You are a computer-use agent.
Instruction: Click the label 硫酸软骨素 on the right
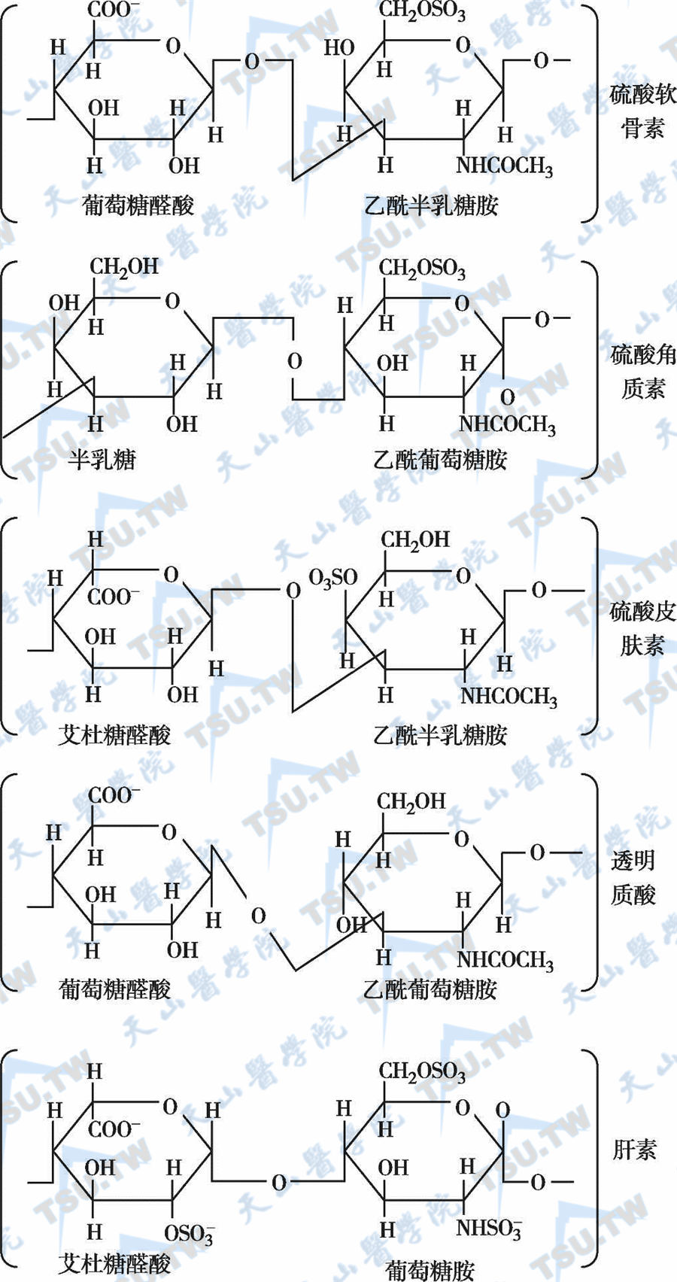coord(642,111)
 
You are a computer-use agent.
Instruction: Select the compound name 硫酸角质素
coord(642,370)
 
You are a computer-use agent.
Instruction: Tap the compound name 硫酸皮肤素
coord(642,628)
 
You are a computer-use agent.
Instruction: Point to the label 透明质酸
coord(633,876)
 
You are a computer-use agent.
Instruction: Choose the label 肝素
coord(634,1149)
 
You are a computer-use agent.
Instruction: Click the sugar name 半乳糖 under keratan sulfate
coord(102,459)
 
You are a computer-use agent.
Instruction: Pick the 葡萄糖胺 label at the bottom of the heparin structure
coord(430,1270)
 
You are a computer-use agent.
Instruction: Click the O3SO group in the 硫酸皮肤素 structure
coord(332,578)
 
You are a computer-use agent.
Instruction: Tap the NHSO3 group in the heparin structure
coord(488,1229)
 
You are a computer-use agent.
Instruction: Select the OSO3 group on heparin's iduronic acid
coord(189,1233)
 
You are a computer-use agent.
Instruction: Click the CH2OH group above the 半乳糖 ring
coord(124,266)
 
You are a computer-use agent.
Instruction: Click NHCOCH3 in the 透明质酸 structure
coord(505,959)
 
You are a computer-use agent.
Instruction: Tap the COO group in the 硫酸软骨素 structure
coord(114,10)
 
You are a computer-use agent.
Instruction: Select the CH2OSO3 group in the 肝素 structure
coord(422,1071)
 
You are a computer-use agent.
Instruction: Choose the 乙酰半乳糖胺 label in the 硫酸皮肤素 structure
coord(440,734)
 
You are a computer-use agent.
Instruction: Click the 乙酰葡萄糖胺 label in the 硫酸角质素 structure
coord(440,459)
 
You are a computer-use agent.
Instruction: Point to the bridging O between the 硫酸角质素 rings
coord(295,361)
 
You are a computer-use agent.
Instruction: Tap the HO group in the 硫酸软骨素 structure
coord(338,47)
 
